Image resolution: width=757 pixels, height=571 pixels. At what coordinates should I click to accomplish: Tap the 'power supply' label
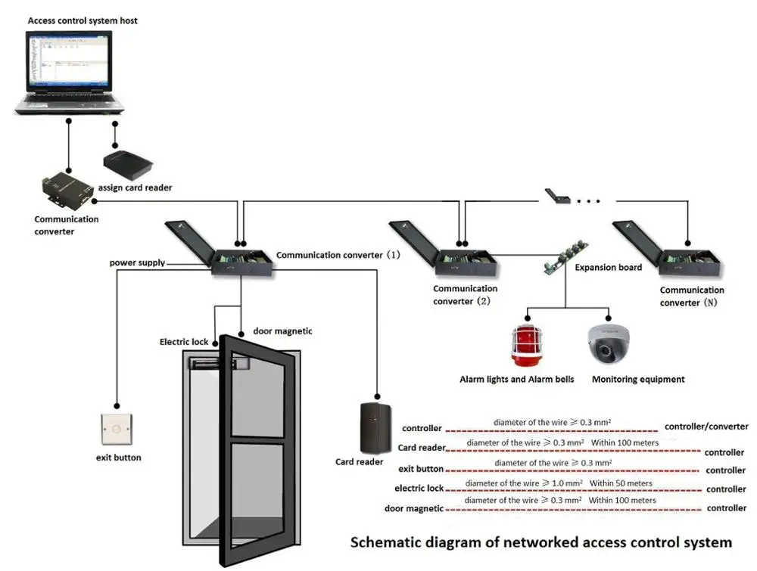[x=136, y=262]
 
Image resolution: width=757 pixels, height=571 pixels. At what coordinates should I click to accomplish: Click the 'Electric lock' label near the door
[x=183, y=342]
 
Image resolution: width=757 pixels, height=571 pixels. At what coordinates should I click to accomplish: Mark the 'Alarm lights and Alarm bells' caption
[x=517, y=379]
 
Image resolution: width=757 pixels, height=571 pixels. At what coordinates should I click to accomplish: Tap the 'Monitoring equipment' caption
[x=638, y=379]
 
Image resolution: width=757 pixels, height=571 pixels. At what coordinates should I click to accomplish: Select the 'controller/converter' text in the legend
[x=706, y=427]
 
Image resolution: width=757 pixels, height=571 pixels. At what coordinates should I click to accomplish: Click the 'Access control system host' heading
[x=83, y=20]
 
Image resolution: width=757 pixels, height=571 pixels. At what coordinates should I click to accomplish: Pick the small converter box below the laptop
[x=67, y=189]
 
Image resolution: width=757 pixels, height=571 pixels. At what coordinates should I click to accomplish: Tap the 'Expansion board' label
[x=608, y=267]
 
